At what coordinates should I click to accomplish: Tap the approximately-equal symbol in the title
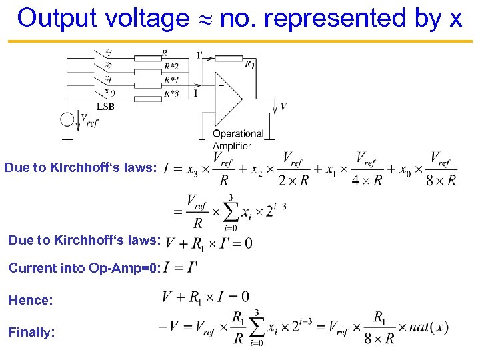pyautogui.click(x=204, y=19)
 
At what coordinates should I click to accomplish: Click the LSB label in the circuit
pyautogui.click(x=105, y=107)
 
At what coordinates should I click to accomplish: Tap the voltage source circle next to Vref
pyautogui.click(x=67, y=120)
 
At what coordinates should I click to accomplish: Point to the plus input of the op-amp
pyautogui.click(x=220, y=113)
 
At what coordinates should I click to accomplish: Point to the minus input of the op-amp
pyautogui.click(x=220, y=85)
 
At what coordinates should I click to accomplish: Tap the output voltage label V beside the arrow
pyautogui.click(x=283, y=107)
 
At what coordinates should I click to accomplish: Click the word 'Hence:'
pyautogui.click(x=31, y=301)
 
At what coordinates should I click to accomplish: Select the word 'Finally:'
pyautogui.click(x=31, y=332)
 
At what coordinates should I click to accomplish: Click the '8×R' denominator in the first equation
pyautogui.click(x=441, y=180)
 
